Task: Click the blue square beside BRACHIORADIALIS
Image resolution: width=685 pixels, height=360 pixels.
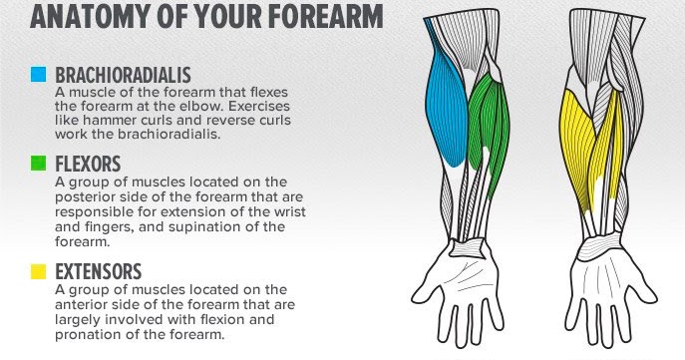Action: (39, 75)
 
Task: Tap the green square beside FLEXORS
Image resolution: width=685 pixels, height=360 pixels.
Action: (39, 163)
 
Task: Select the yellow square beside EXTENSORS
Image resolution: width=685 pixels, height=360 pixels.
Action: (39, 271)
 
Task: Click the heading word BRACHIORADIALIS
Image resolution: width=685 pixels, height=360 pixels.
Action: (123, 75)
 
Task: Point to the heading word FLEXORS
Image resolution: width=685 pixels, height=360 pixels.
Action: (89, 163)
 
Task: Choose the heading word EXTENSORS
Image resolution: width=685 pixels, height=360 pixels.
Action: (99, 271)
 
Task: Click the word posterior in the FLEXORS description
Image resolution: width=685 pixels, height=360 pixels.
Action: (86, 195)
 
